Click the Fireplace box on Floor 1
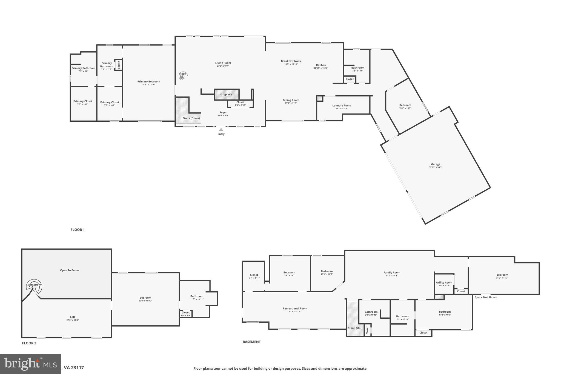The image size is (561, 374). pyautogui.click(x=226, y=95)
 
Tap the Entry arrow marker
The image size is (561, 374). pyautogui.click(x=221, y=130)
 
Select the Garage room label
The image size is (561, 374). pyautogui.click(x=436, y=164)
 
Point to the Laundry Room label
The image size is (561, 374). pyautogui.click(x=342, y=105)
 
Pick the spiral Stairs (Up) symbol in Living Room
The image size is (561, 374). pyautogui.click(x=183, y=76)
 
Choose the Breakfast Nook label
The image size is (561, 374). pyautogui.click(x=291, y=61)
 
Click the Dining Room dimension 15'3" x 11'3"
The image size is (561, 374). pyautogui.click(x=291, y=103)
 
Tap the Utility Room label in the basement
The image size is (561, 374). pyautogui.click(x=444, y=282)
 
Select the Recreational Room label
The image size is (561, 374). pyautogui.click(x=295, y=309)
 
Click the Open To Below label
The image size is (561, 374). pyautogui.click(x=70, y=270)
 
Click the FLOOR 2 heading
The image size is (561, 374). pyautogui.click(x=29, y=343)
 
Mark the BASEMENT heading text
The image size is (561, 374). pyautogui.click(x=251, y=342)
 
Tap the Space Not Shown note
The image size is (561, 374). pyautogui.click(x=486, y=297)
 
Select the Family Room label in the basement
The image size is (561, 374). pyautogui.click(x=392, y=273)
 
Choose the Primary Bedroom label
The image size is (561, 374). pyautogui.click(x=149, y=81)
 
